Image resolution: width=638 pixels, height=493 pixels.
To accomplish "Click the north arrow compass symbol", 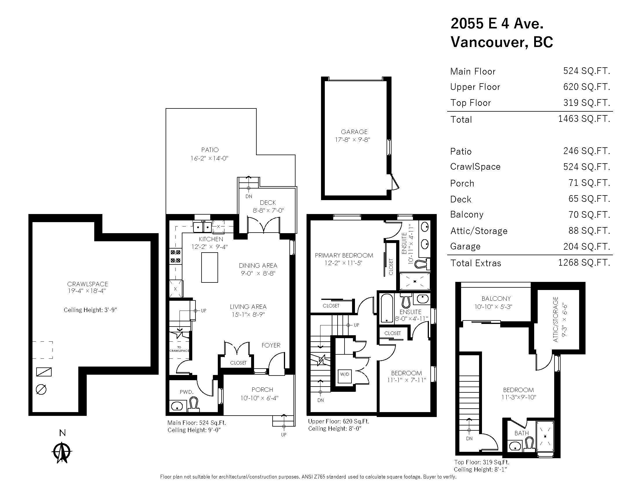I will (x=62, y=452).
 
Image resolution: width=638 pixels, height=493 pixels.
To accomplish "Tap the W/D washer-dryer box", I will (x=345, y=374).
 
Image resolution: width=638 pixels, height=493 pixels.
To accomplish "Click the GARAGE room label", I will (x=354, y=132).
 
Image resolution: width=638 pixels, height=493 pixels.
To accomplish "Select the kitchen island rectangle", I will (x=209, y=268).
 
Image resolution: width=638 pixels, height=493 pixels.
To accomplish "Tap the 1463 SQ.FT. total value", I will (x=584, y=119).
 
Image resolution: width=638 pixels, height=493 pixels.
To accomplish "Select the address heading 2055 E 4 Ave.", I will (x=497, y=23).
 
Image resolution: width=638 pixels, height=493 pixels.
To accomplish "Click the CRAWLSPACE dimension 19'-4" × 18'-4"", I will (x=87, y=291).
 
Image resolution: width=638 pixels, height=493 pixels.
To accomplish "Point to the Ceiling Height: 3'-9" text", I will (x=90, y=310).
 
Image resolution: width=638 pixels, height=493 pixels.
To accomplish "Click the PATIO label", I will (x=210, y=150).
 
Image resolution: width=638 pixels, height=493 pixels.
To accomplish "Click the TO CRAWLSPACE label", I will (x=179, y=349).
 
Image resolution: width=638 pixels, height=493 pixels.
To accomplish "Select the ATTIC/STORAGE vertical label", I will (x=556, y=320).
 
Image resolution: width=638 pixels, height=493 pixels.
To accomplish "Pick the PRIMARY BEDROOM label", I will (x=344, y=255).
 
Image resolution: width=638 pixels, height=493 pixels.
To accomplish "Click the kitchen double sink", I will (x=202, y=227).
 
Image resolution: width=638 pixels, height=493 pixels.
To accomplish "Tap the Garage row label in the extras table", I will (x=465, y=246).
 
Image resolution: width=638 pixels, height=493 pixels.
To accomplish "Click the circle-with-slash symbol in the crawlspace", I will (x=41, y=389).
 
